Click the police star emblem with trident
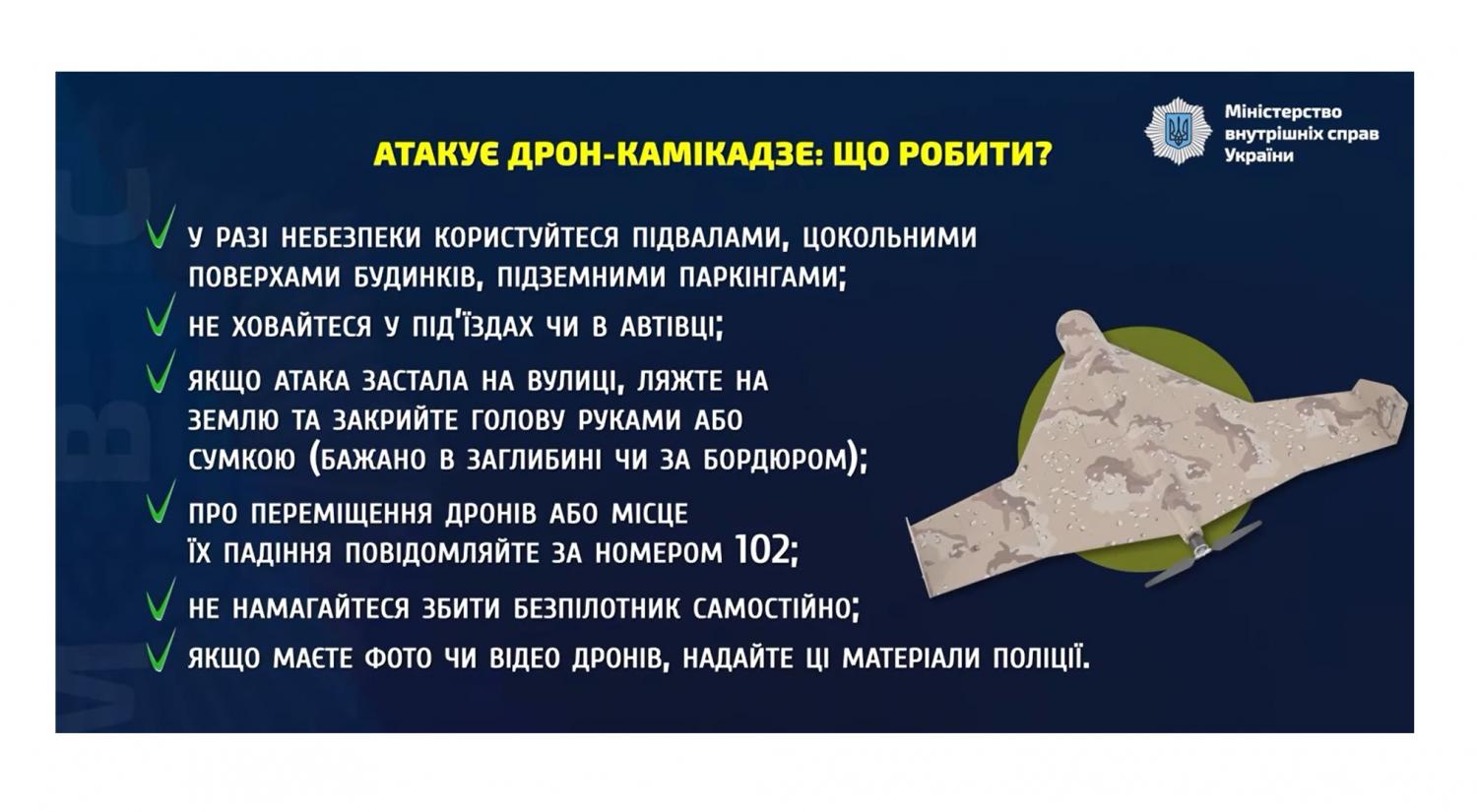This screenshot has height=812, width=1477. [x=1178, y=131]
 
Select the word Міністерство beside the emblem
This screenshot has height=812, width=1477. [x=1282, y=112]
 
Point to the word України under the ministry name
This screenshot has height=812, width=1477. [x=1258, y=156]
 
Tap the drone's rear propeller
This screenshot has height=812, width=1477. [x=1203, y=553]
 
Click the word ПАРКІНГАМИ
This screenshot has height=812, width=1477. [x=758, y=278]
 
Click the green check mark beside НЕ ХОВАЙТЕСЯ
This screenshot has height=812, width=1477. [x=161, y=315]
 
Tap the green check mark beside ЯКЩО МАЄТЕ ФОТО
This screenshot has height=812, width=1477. [x=161, y=650]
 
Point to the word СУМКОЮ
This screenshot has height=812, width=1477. [x=242, y=460]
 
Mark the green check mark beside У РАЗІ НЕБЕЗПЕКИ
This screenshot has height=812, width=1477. [x=161, y=226]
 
